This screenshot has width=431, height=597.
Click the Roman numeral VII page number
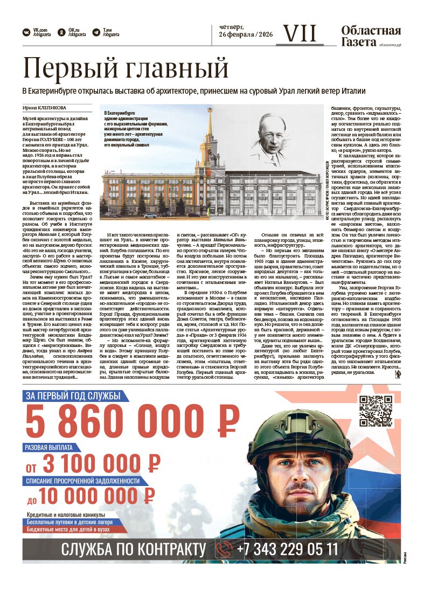click(x=300, y=33)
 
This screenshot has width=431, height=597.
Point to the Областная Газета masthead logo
click(x=371, y=36)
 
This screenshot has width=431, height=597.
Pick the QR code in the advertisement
click(x=376, y=411)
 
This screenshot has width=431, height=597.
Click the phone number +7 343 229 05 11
click(x=288, y=550)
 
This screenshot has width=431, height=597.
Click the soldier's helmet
click(x=305, y=429)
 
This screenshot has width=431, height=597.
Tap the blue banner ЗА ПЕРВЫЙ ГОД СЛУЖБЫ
click(x=73, y=397)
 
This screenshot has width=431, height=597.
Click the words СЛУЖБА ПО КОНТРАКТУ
click(x=134, y=550)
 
